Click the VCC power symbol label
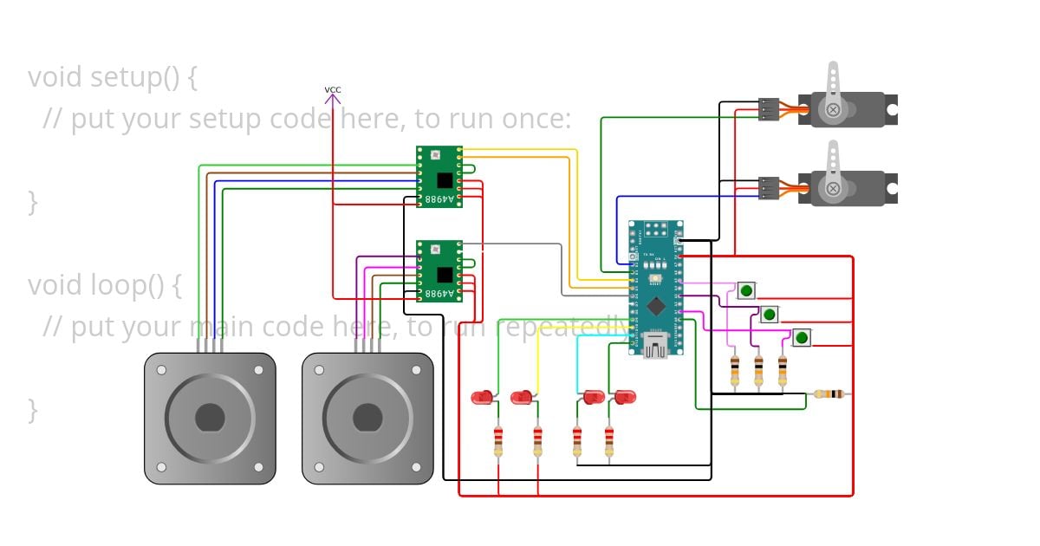[x=333, y=90]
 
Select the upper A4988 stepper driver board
[x=439, y=176]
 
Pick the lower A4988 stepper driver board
[x=439, y=270]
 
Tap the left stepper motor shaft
[x=210, y=418]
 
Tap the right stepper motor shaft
[x=367, y=418]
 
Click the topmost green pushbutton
[x=746, y=290]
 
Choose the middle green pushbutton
[x=770, y=314]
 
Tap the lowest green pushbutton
[x=802, y=337]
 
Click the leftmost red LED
[x=482, y=397]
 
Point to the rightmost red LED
[x=623, y=397]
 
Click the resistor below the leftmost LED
[x=498, y=441]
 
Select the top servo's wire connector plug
[x=769, y=109]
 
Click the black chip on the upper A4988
[x=445, y=179]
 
